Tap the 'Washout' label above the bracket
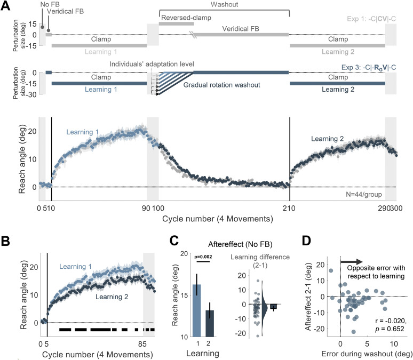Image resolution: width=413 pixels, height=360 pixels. coord(224,5)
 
